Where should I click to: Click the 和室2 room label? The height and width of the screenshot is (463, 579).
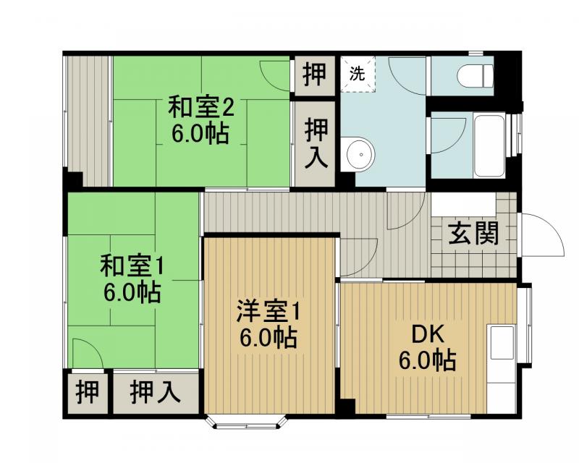pyautogui.click(x=200, y=108)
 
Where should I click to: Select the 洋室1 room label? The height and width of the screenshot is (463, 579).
pyautogui.click(x=267, y=312)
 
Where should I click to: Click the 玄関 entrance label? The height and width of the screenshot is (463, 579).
pyautogui.click(x=473, y=233)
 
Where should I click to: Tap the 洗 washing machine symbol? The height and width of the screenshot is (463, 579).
pyautogui.click(x=358, y=73)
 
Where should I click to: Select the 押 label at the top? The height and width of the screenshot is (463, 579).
pyautogui.click(x=314, y=75)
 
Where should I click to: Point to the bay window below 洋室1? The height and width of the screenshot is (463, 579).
pyautogui.click(x=245, y=422)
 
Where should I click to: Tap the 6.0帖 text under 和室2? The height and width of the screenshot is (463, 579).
pyautogui.click(x=200, y=134)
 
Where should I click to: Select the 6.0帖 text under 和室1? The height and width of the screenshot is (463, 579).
pyautogui.click(x=131, y=292)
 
